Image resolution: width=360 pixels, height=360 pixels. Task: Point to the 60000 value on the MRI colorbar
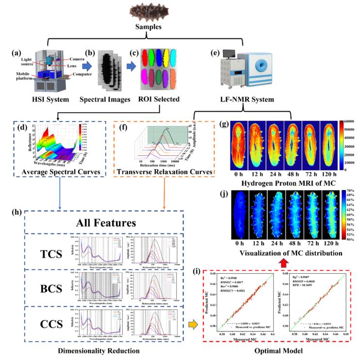(352, 122)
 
